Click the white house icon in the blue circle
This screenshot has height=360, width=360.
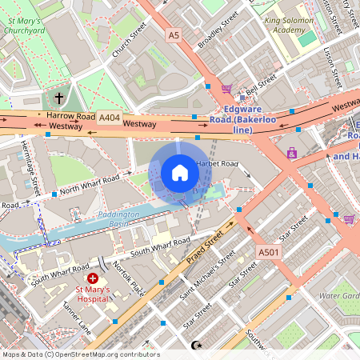tap(180, 172)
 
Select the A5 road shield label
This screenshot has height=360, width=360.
tap(174, 35)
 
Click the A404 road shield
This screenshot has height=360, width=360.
tap(110, 118)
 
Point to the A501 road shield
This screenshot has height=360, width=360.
tap(269, 253)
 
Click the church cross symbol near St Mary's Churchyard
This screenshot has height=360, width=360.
tap(58, 98)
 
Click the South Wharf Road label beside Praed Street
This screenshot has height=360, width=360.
tap(160, 246)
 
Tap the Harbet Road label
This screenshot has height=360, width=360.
tap(218, 164)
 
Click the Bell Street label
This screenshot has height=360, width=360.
tap(261, 82)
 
